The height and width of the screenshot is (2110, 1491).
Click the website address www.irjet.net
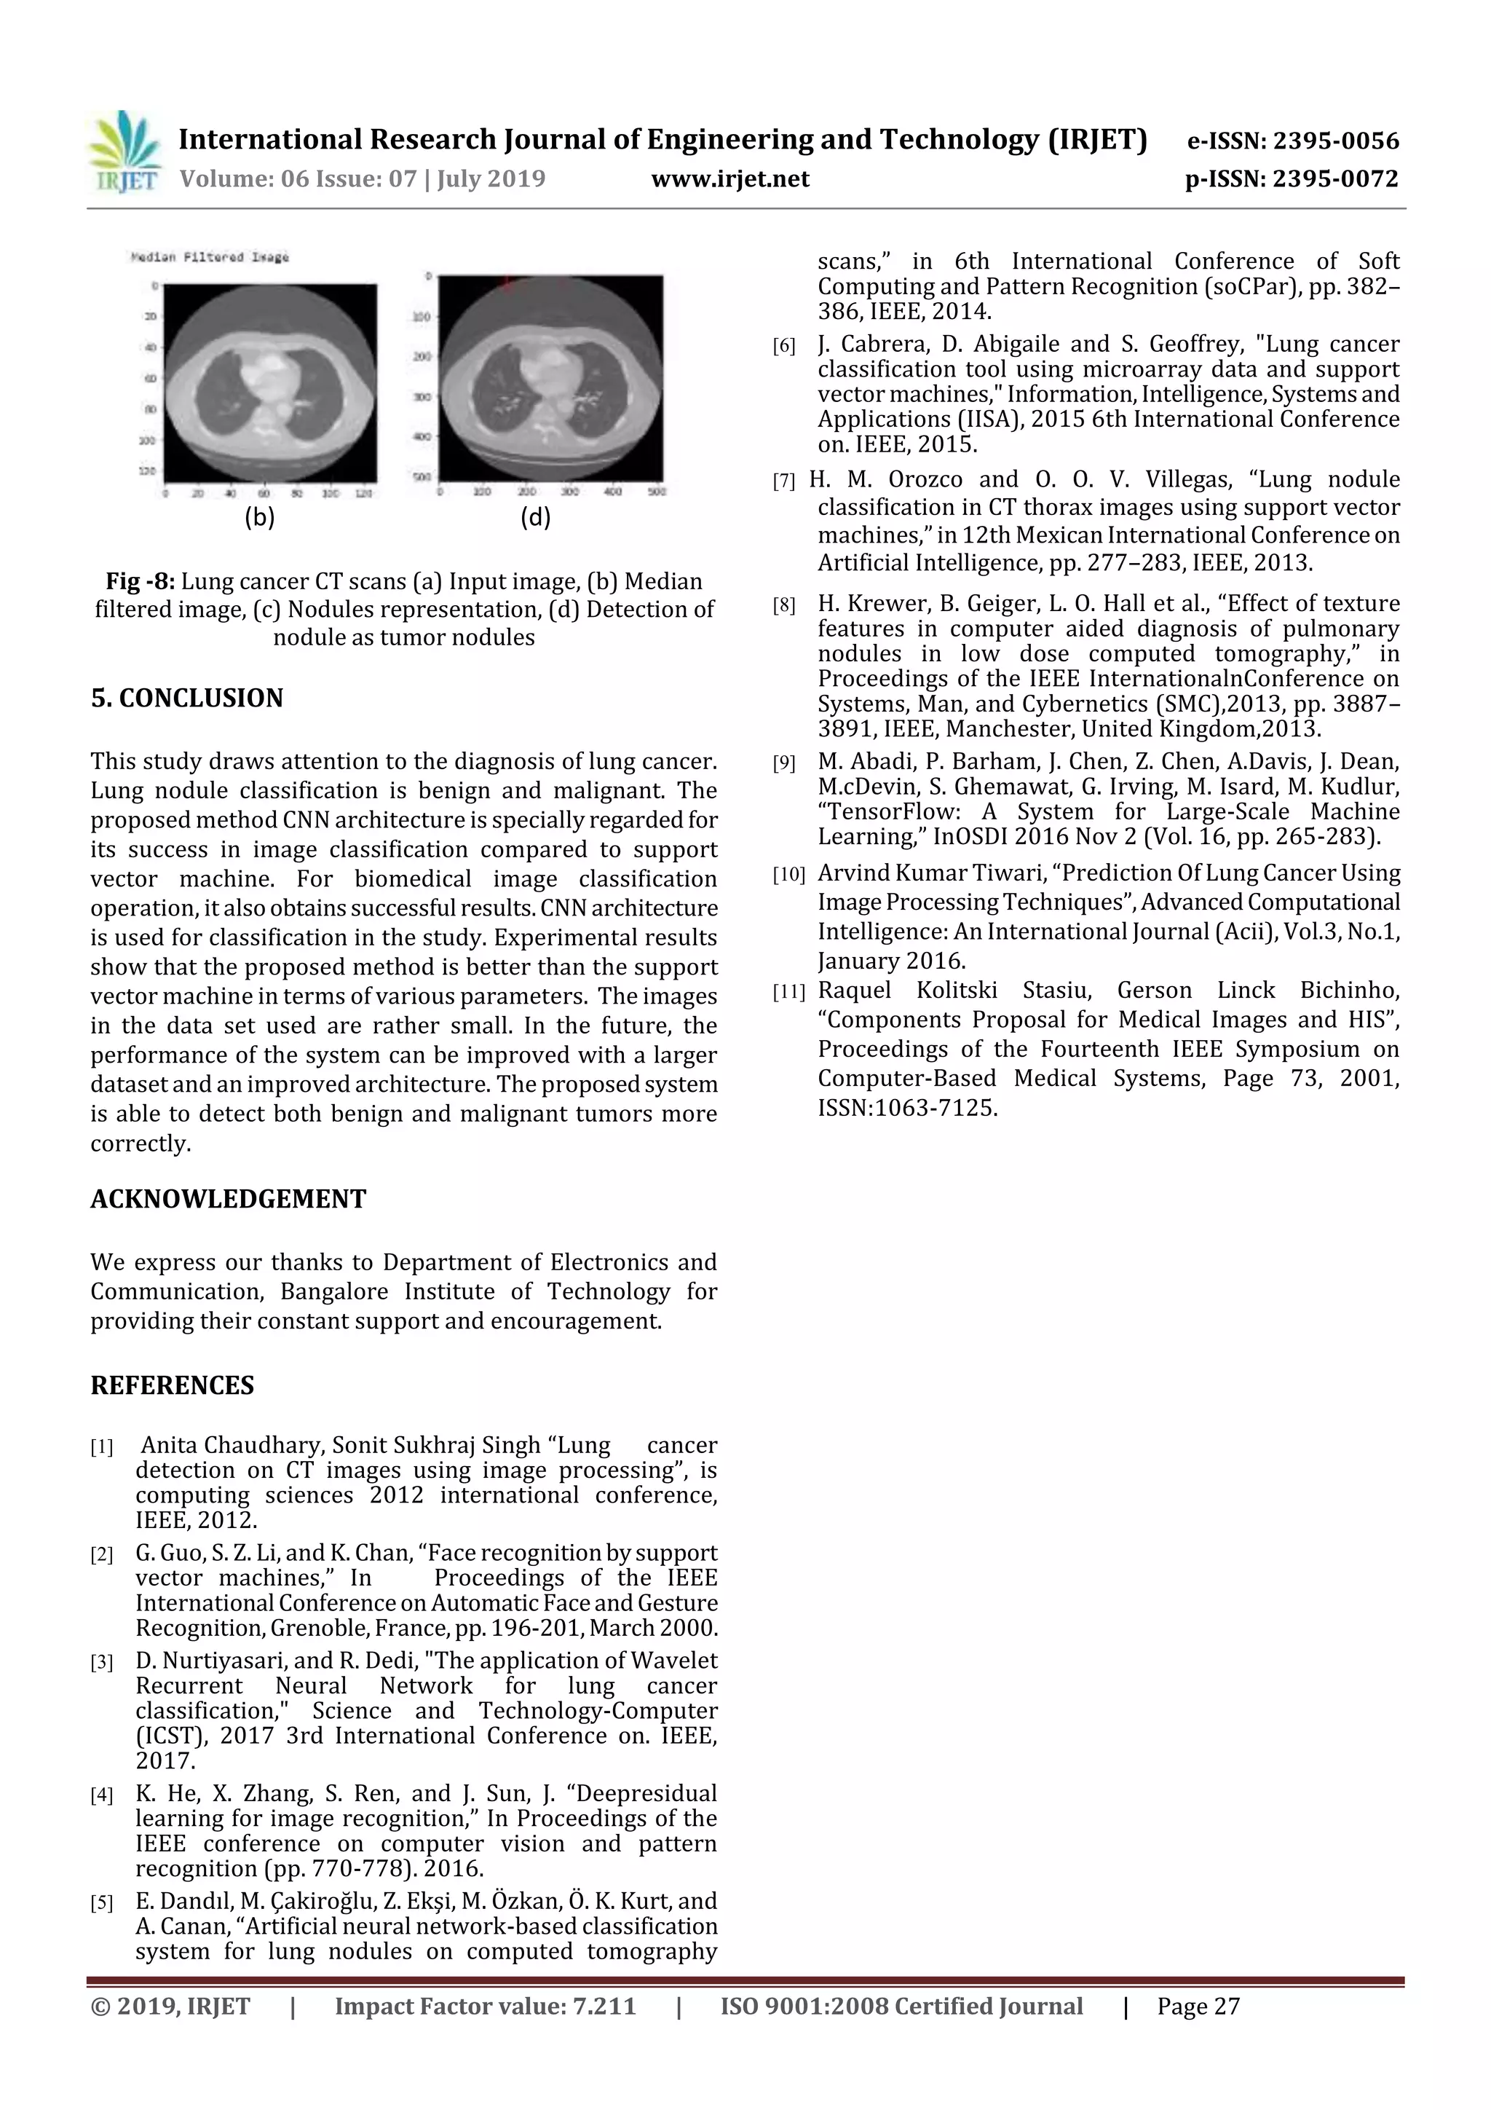(x=730, y=178)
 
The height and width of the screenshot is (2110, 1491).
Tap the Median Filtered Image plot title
(x=210, y=257)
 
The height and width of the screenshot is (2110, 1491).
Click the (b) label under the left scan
(x=260, y=517)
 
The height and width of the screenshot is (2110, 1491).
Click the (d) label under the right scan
(x=536, y=517)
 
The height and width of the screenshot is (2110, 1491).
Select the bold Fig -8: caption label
(x=141, y=582)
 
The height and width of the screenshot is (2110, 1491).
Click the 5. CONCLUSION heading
(x=186, y=698)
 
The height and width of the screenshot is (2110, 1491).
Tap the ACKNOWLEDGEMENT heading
(x=228, y=1200)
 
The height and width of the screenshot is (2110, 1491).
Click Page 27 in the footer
(x=1198, y=2006)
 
